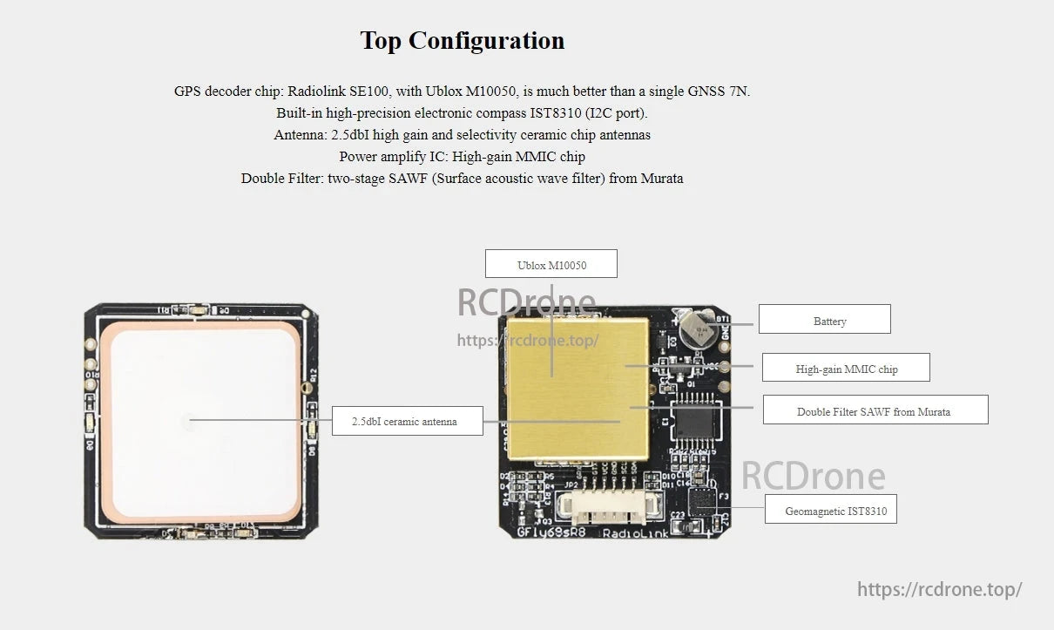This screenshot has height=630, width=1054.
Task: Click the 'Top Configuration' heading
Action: pos(462,41)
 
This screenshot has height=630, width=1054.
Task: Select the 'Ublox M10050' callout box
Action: pos(551,264)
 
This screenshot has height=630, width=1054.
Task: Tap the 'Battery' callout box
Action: pos(824,320)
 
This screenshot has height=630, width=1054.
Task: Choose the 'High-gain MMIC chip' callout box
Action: pos(846,368)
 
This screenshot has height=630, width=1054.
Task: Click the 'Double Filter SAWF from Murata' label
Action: pos(875,410)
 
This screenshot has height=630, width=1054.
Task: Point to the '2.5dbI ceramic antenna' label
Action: pos(404,421)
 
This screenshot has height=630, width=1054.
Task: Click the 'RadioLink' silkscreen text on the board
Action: pos(636,532)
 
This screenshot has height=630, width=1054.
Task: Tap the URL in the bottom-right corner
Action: pos(939,589)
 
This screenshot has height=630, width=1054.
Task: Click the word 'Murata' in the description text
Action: pos(662,179)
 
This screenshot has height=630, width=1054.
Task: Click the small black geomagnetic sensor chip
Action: pos(700,502)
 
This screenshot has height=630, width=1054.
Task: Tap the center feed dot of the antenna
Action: pos(187,421)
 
